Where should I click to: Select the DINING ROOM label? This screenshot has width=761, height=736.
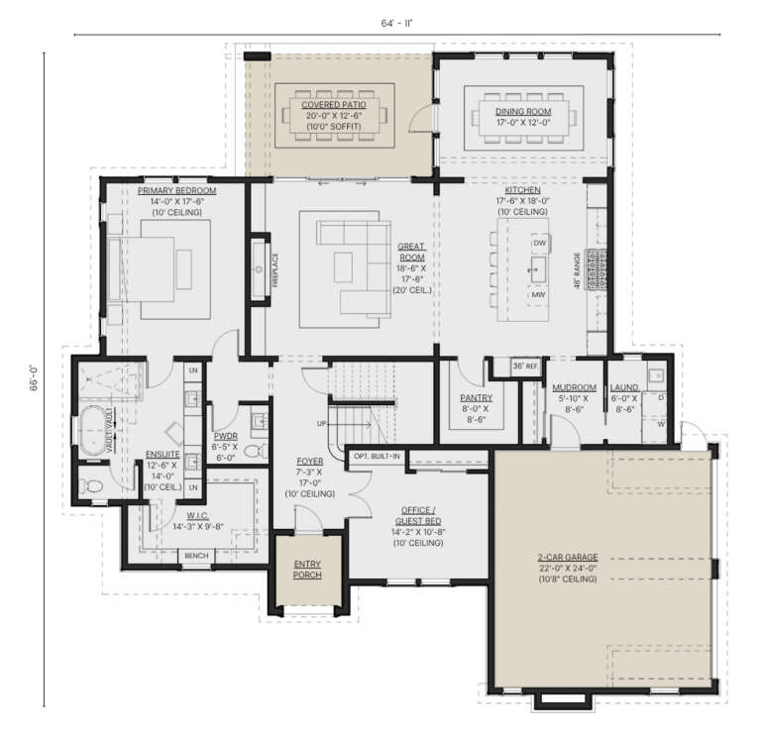tap(524, 112)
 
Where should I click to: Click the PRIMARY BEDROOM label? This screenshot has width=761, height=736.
tap(176, 190)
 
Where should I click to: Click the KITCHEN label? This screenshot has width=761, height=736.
tap(522, 189)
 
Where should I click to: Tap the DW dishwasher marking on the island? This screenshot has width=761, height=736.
tap(540, 243)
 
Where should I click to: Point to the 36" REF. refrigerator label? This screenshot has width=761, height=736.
tap(525, 367)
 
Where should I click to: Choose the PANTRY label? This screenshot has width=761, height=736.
tap(477, 398)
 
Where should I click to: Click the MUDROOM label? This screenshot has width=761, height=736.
tap(574, 387)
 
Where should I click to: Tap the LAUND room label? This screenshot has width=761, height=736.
tap(624, 387)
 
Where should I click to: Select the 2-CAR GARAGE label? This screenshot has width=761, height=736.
tap(568, 558)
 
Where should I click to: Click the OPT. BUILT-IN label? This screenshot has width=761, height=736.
tap(377, 457)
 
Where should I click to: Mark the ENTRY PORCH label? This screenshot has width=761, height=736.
tap(307, 570)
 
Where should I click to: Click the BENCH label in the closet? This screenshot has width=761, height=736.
tap(196, 556)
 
